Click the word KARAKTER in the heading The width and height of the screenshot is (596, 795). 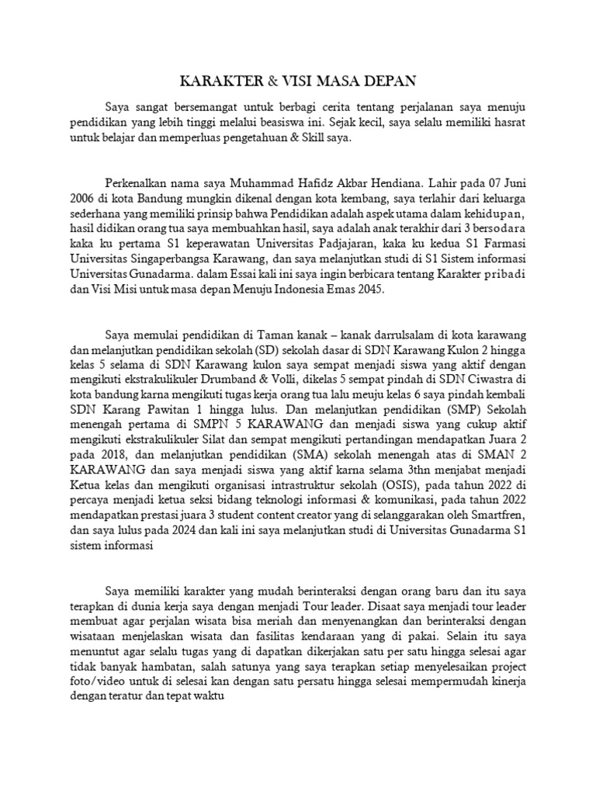pyautogui.click(x=210, y=81)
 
